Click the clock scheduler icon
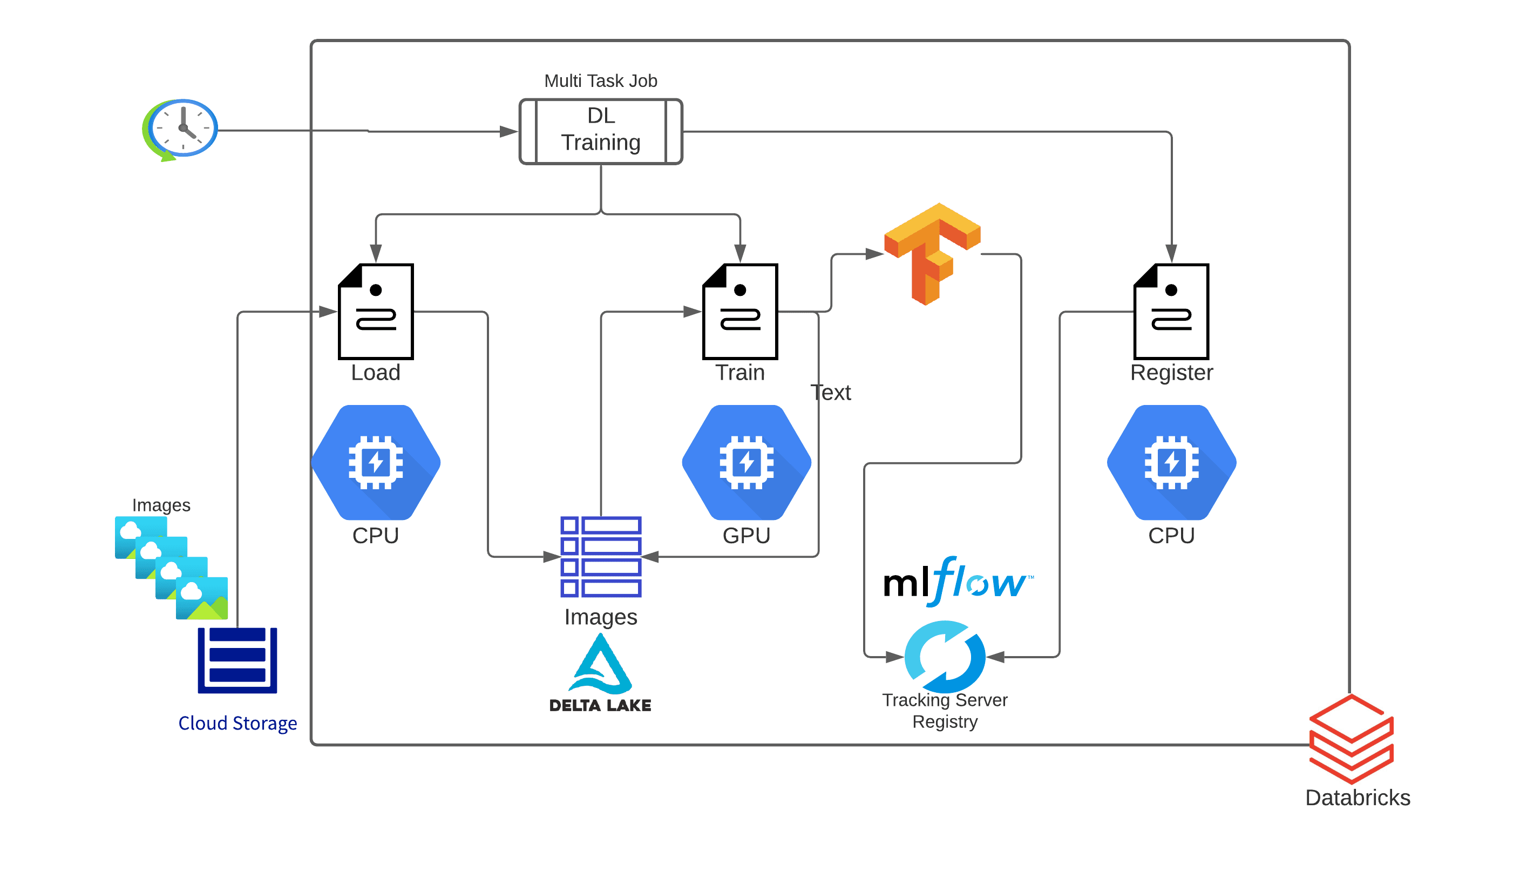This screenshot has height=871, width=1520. [181, 129]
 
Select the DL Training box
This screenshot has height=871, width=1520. [600, 131]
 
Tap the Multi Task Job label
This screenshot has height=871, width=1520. [600, 81]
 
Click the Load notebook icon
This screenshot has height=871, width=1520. [376, 311]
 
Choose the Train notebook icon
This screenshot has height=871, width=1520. [739, 311]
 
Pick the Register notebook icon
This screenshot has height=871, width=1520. [1171, 311]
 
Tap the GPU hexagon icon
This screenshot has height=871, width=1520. [747, 462]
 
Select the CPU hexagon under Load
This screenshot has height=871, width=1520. [376, 462]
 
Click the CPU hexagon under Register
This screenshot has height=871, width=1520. [1171, 462]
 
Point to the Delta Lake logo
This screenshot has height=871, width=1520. [600, 673]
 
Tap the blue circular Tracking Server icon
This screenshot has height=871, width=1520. [945, 656]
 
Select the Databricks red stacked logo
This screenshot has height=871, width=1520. [1352, 739]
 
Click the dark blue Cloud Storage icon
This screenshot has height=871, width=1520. [237, 660]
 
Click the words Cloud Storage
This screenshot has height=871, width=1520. [237, 723]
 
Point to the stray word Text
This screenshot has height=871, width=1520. [830, 393]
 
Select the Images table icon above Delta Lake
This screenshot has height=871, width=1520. [600, 556]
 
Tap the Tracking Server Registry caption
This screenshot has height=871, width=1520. [945, 710]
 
